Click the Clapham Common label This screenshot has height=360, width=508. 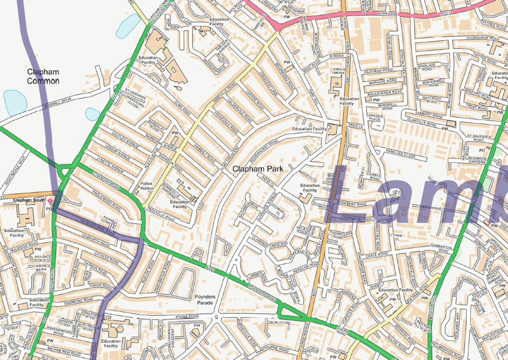[43, 76]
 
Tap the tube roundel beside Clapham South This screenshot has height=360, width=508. [50, 200]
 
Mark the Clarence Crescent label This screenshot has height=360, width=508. [270, 244]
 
